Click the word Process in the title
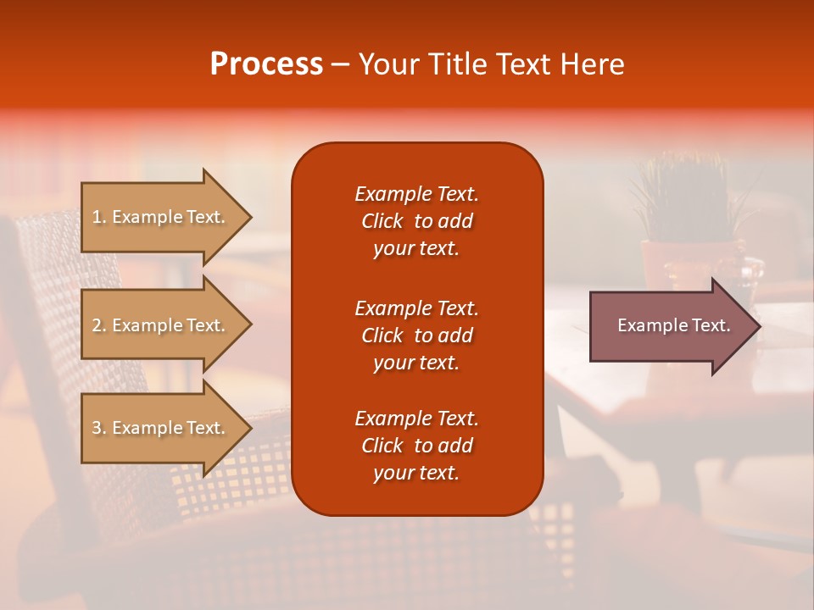point(266,64)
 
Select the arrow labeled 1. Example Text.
point(161,217)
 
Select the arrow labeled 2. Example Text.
point(161,325)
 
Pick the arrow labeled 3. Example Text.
point(161,428)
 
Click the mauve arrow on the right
point(670,325)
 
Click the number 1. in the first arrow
point(98,217)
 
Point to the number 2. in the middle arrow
point(98,325)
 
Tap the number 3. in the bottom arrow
point(98,428)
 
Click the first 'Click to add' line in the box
point(416,221)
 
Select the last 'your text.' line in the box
point(416,473)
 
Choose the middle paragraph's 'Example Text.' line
point(416,308)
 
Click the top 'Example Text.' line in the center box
point(416,194)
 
